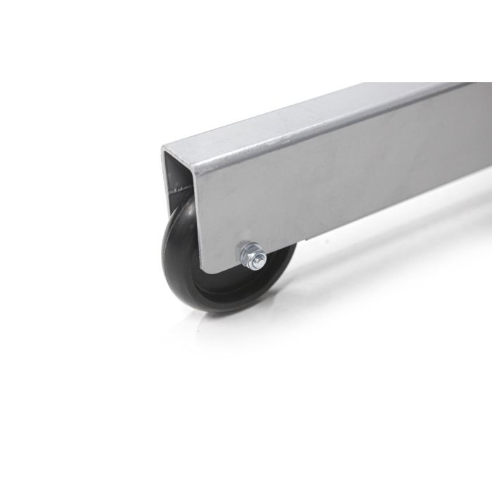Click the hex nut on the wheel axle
[251, 253]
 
